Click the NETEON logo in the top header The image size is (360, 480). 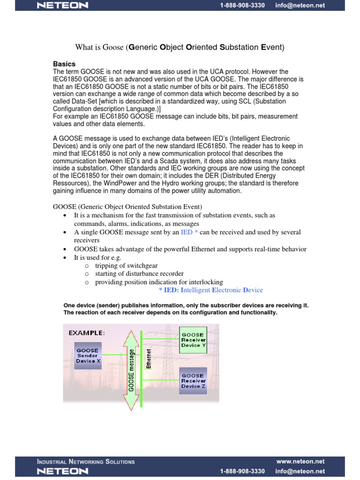[62, 6]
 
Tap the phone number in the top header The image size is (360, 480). [242, 6]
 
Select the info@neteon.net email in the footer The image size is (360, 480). [300, 471]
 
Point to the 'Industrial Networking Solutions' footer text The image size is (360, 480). [86, 462]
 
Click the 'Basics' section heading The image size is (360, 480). [64, 64]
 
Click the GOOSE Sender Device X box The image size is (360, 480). [87, 355]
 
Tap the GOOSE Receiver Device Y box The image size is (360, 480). [193, 340]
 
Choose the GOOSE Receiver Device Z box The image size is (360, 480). [193, 381]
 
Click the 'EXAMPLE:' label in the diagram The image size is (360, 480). [87, 333]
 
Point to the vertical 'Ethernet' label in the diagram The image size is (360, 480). [149, 359]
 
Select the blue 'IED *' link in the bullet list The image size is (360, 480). [189, 232]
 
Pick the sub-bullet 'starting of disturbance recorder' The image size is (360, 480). [139, 274]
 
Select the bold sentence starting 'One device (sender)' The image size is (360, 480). [186, 305]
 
